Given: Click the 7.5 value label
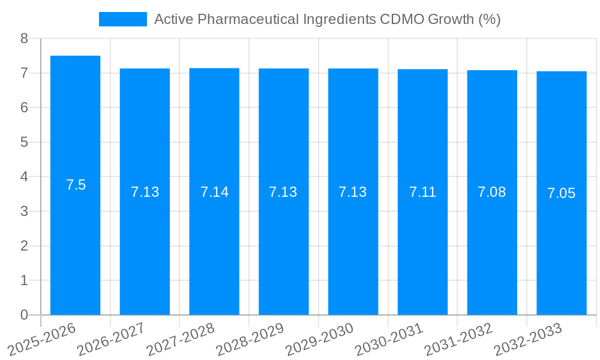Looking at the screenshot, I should pos(76,185).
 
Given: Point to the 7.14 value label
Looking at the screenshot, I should pos(214,192).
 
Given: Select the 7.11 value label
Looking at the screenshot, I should pos(422,192).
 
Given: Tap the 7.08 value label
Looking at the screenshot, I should pos(492,192).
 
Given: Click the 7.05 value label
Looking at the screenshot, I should pos(562,193).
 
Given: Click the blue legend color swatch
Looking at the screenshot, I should pos(122,19).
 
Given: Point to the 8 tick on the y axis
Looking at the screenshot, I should pos(24,38).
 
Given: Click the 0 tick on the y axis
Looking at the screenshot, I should pos(24,315).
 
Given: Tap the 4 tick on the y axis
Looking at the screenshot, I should pos(24,177).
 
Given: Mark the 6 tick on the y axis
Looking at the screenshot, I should pos(24,108).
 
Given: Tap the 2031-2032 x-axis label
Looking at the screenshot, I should pos(458,338).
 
